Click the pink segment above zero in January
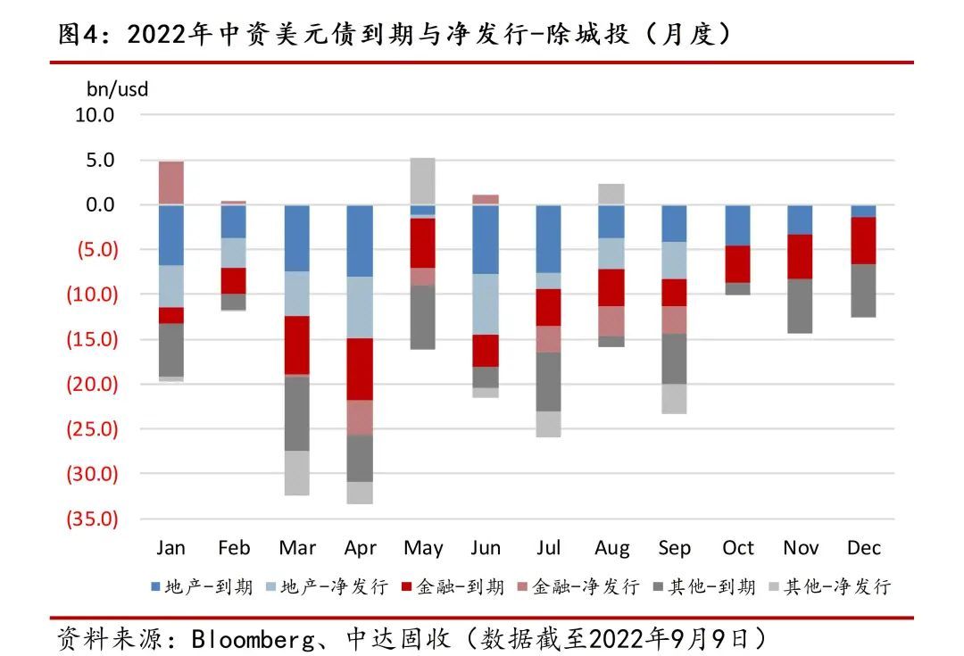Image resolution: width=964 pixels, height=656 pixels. click(x=170, y=183)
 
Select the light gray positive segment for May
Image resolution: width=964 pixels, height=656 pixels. click(x=422, y=181)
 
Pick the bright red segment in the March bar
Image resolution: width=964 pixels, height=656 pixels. click(x=296, y=345)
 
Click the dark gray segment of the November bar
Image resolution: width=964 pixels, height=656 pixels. click(x=800, y=306)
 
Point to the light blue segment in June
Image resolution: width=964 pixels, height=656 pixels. click(x=486, y=304)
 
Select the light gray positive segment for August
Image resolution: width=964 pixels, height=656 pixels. click(x=611, y=194)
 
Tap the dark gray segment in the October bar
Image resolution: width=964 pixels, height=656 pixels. click(x=737, y=288)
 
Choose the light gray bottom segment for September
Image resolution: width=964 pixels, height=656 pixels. click(x=674, y=398)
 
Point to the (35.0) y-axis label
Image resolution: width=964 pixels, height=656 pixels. click(x=92, y=519)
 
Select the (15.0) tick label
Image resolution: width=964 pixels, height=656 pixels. click(x=92, y=339)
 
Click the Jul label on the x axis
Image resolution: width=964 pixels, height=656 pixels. click(x=548, y=547)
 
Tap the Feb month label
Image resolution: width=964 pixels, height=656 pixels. click(x=234, y=547)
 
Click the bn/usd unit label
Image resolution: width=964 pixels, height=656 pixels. click(x=117, y=89)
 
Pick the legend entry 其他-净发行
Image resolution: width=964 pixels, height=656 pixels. click(x=827, y=586)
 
